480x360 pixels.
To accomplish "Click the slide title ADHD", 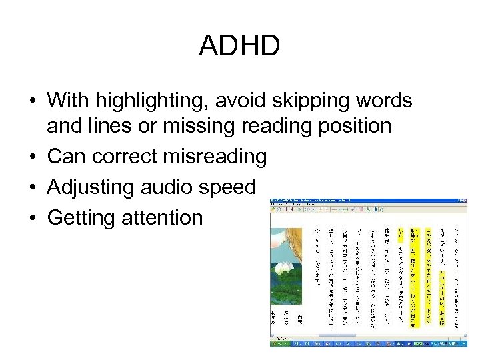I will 239,47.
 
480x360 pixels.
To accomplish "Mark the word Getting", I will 83,217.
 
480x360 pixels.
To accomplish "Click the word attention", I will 164,217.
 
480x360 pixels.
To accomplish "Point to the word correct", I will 126,157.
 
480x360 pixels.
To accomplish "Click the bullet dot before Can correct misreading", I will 32,157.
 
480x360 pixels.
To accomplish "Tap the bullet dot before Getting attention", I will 32,218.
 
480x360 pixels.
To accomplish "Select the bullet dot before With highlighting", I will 32,102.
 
